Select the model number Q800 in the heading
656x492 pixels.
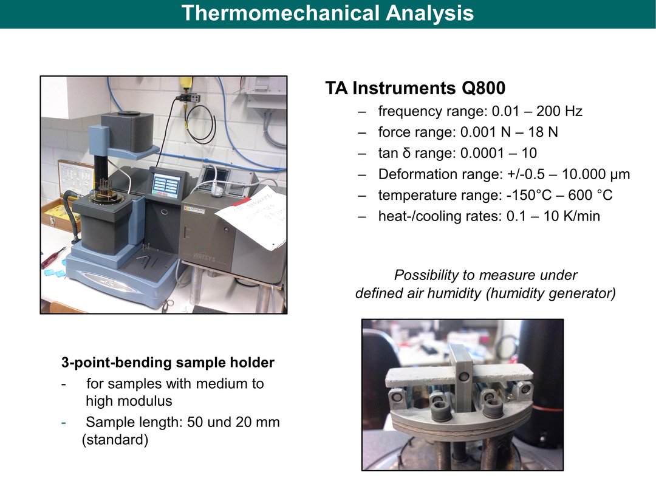(x=483, y=88)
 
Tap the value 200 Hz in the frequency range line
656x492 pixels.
(x=559, y=111)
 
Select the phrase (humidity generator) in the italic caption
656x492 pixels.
(x=550, y=293)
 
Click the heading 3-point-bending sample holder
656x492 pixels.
(x=168, y=362)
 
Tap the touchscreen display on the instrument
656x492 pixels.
(x=166, y=185)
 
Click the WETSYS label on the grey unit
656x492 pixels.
(x=204, y=257)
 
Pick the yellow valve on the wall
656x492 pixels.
(x=185, y=85)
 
